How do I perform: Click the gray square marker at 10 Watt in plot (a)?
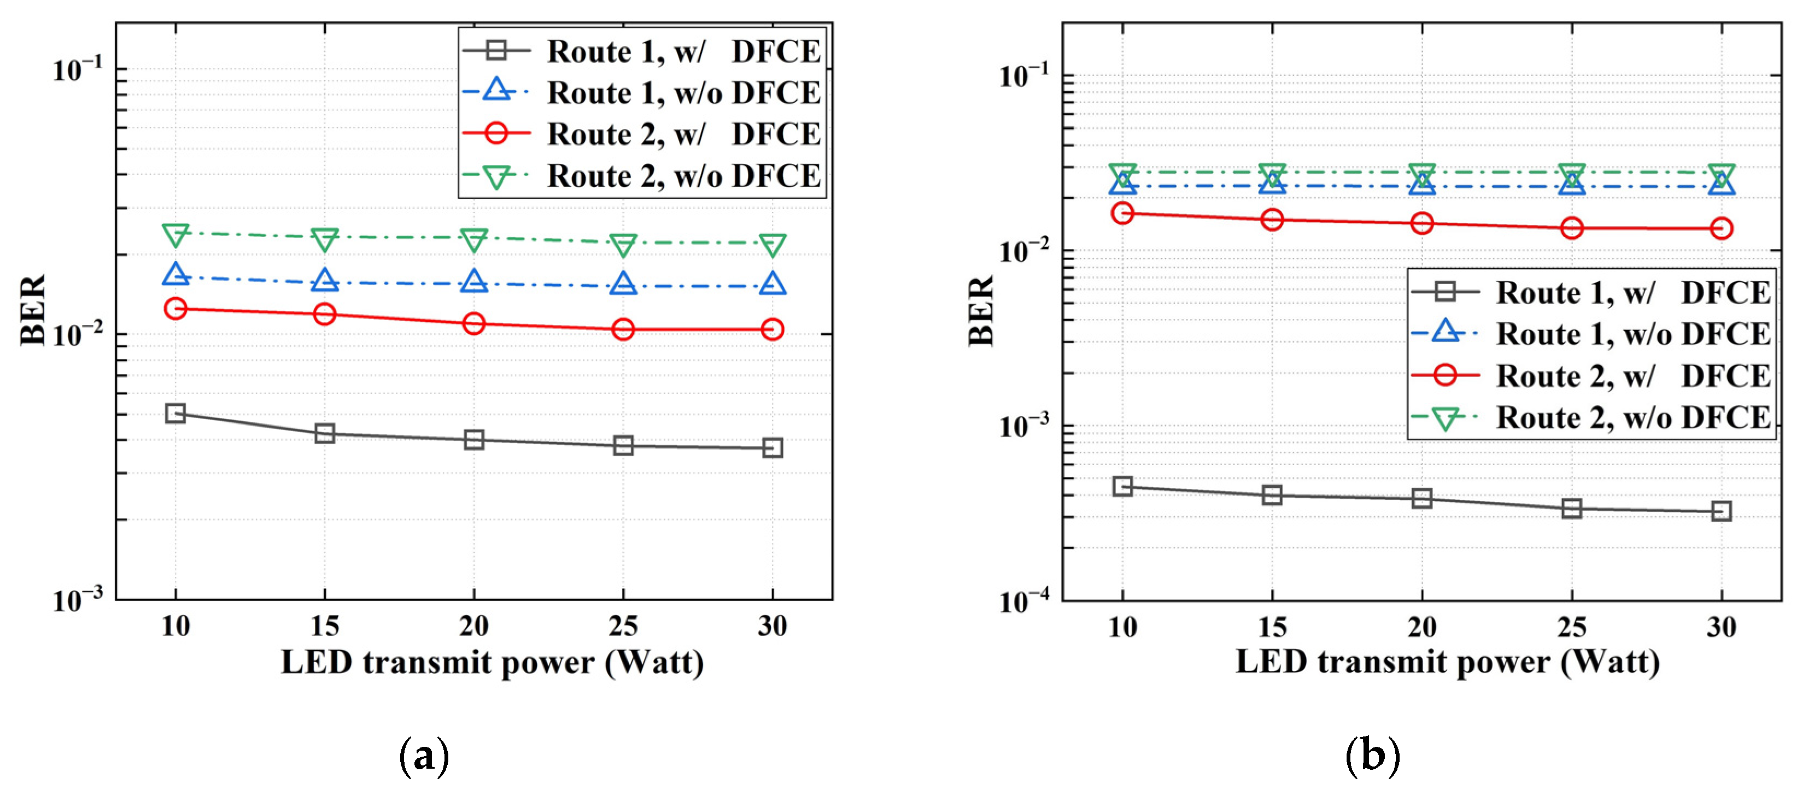point(175,413)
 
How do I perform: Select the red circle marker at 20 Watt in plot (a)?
point(473,323)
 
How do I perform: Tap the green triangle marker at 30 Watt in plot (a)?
point(773,245)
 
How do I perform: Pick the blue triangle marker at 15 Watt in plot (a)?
point(325,281)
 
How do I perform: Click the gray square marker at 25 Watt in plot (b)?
point(1571,508)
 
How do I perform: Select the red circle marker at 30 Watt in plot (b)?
point(1721,228)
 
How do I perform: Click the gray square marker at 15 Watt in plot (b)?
point(1272,495)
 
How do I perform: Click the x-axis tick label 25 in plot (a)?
point(623,626)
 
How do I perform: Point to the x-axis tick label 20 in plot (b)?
point(1421,627)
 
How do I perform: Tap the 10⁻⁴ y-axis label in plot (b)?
point(1024,600)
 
